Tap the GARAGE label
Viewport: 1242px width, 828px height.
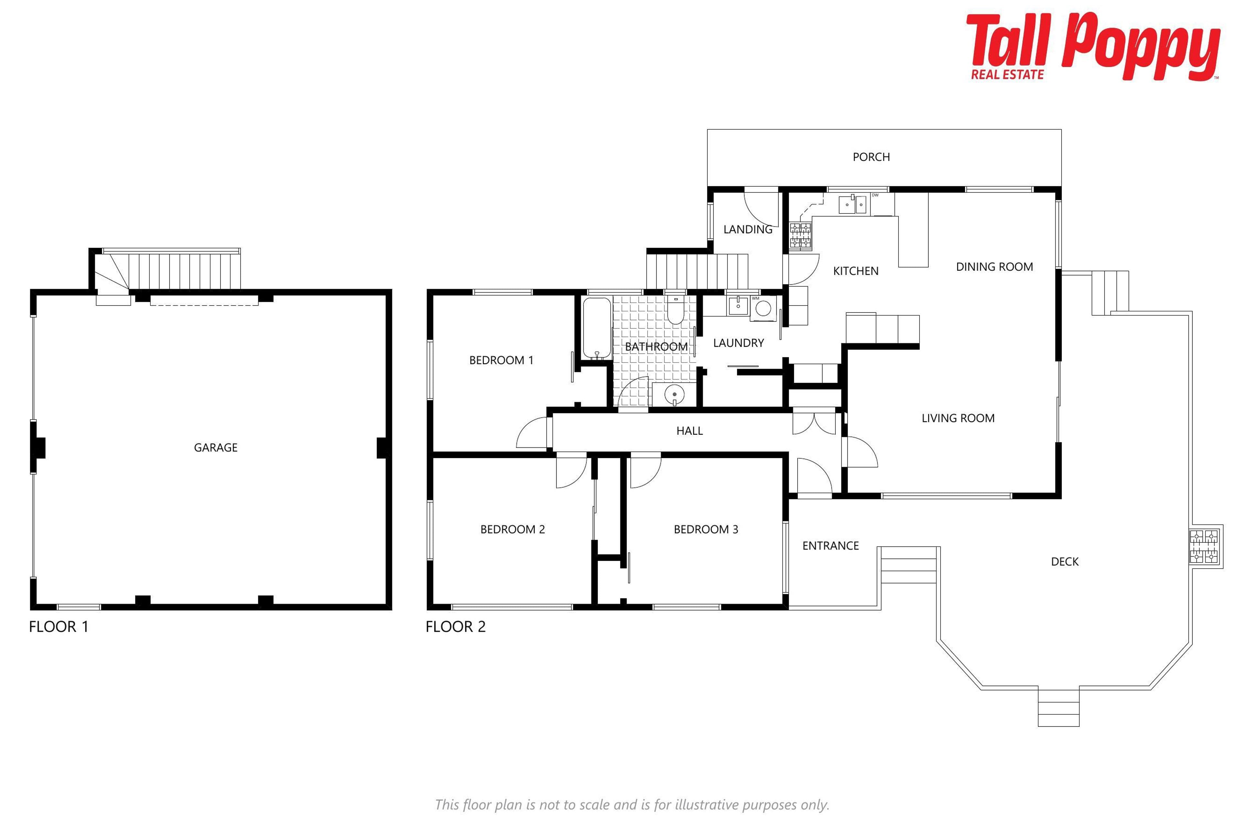click(x=215, y=448)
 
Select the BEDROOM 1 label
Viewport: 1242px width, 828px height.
click(x=501, y=360)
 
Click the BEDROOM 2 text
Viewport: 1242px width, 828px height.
click(x=512, y=529)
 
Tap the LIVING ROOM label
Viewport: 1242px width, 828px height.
click(x=958, y=418)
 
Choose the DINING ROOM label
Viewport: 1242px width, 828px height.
click(x=994, y=267)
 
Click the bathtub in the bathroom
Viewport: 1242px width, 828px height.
click(x=597, y=329)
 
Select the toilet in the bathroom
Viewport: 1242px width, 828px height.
click(x=675, y=310)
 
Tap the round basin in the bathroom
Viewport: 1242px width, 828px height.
click(x=674, y=394)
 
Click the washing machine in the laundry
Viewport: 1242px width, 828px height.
click(x=763, y=308)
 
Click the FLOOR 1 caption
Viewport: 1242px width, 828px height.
click(x=59, y=627)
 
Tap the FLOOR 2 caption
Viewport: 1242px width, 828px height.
click(x=455, y=627)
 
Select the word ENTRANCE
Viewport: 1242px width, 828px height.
click(x=830, y=546)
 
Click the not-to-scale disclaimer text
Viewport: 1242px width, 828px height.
click(x=632, y=804)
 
